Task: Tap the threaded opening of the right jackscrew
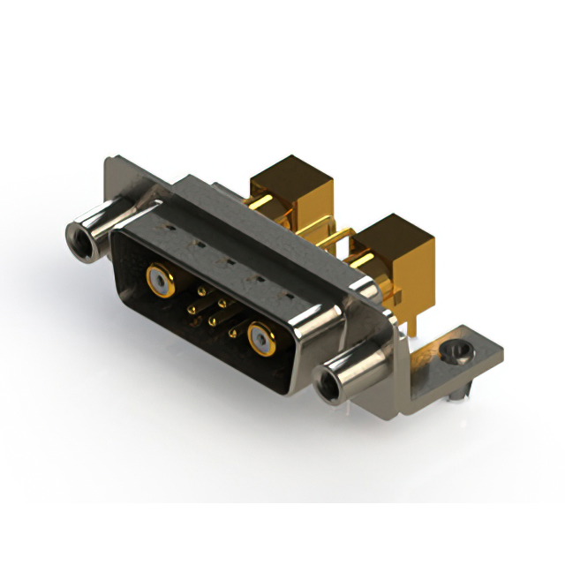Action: coord(334,384)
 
